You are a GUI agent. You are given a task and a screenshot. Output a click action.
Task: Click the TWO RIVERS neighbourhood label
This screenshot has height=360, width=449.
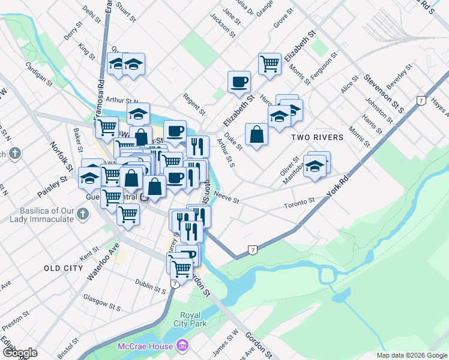click(x=317, y=137)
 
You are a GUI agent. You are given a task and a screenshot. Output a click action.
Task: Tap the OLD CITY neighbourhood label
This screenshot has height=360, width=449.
click(x=63, y=268)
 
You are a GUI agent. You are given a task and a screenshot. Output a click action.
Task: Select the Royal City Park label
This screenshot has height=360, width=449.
click(x=193, y=319)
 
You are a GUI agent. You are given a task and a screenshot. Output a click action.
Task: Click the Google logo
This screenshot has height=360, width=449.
click(x=20, y=352)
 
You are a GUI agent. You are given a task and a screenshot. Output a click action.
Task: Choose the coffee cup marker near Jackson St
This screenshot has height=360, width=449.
click(x=239, y=81)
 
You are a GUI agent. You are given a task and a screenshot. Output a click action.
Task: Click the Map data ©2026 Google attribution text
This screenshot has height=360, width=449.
click(x=411, y=355)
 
